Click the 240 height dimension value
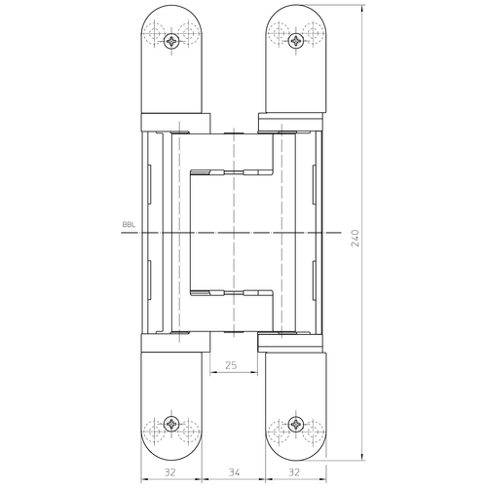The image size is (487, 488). pos(356,238)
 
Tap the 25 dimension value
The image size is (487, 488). pos(231,365)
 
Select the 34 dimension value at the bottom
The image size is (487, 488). pos(234,472)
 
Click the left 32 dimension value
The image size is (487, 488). pos(169,472)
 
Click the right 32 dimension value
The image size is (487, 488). pos(294,472)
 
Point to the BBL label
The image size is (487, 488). pos(129,225)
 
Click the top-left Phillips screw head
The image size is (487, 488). pos(171,41)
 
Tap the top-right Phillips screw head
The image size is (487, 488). pos(296,41)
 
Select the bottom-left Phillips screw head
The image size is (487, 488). pos(171,424)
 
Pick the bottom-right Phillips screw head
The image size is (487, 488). pos(296,424)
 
